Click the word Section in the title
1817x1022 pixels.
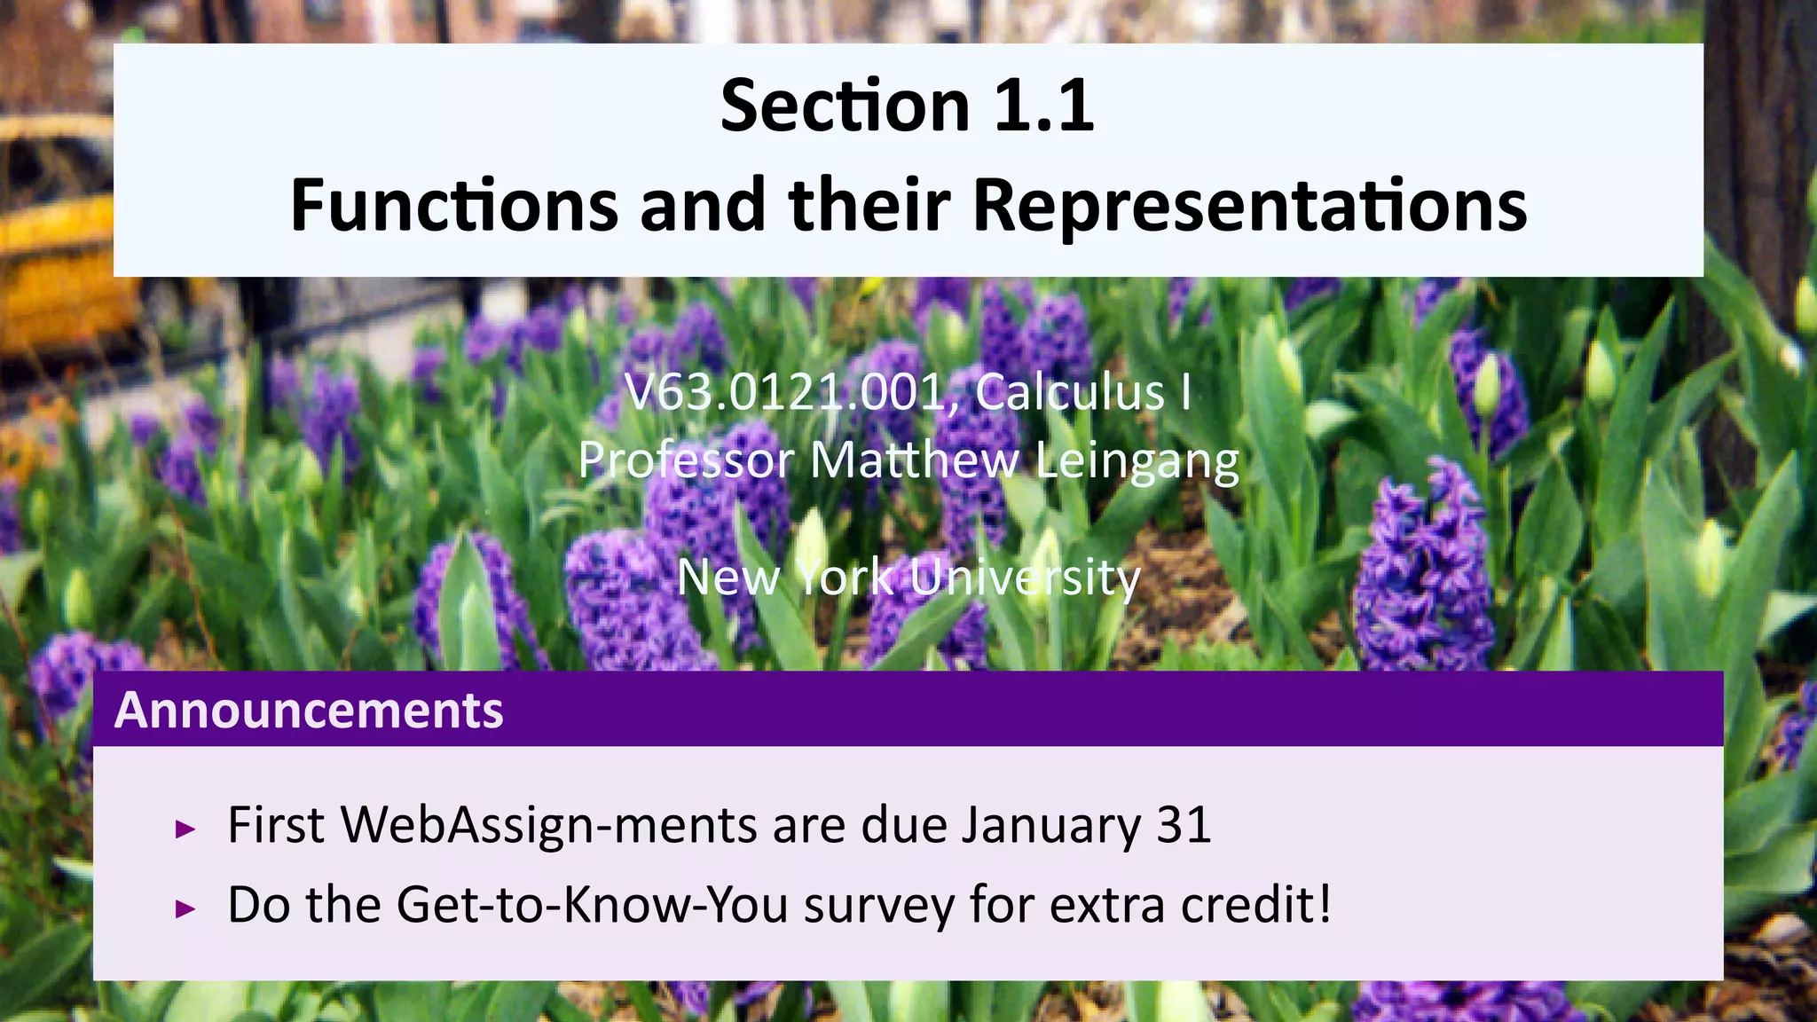click(x=844, y=106)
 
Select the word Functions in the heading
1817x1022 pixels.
click(x=453, y=206)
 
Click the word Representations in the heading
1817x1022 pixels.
click(x=1249, y=206)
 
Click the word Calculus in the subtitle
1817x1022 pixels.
click(x=1070, y=392)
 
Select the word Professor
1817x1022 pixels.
click(x=686, y=460)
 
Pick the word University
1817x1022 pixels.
click(x=1025, y=578)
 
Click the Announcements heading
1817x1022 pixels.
click(x=309, y=711)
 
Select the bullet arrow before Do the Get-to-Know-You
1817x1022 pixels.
click(x=185, y=908)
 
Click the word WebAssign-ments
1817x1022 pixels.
click(x=548, y=825)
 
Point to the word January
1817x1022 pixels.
click(x=1050, y=825)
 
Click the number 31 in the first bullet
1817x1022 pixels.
click(x=1184, y=825)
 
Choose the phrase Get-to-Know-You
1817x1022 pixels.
click(x=592, y=905)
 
